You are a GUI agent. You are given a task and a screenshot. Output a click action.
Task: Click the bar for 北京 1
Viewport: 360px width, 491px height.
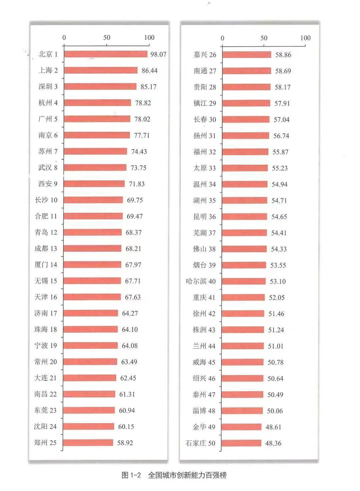(106, 54)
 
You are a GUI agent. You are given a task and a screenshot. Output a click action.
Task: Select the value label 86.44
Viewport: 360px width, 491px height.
(149, 70)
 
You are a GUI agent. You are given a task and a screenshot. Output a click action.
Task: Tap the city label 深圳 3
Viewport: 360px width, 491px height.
(48, 86)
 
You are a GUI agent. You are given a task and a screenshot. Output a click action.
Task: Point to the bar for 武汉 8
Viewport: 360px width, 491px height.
(95, 167)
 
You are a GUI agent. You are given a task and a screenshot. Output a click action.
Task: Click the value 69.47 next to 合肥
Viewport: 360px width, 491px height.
(134, 216)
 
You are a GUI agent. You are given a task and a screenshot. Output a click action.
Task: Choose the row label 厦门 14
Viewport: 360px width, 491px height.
(46, 265)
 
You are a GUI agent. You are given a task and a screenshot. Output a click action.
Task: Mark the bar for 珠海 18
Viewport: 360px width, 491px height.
(91, 329)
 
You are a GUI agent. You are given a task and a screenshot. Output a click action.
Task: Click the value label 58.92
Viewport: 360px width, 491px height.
(125, 443)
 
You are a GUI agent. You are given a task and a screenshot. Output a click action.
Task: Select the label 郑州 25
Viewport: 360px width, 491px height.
(45, 443)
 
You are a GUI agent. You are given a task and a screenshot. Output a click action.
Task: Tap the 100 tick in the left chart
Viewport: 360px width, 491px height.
(149, 37)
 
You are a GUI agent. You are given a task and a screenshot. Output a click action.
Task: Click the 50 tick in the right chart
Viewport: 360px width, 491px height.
(264, 38)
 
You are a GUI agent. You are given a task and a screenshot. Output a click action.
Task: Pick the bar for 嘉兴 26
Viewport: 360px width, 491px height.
(247, 55)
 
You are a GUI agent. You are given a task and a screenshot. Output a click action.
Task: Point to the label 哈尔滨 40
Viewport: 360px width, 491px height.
(201, 281)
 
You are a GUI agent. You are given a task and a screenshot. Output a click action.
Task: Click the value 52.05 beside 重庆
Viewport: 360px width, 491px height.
(277, 297)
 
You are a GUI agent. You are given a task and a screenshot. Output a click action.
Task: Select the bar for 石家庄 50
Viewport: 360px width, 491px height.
(241, 443)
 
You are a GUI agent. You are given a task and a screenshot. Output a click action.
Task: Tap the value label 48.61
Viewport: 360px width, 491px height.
(273, 427)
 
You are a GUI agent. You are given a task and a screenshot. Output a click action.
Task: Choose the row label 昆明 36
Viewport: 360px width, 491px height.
(204, 217)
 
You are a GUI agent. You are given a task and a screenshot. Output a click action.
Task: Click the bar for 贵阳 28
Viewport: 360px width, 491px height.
(246, 87)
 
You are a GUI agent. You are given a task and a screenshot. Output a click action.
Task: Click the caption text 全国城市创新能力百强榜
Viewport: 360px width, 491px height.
(187, 475)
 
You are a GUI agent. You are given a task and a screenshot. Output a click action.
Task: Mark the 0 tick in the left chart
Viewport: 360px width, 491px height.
(64, 37)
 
